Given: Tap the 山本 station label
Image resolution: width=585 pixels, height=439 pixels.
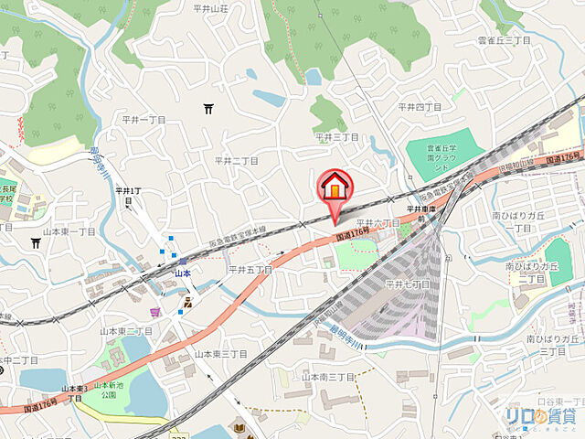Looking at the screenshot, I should [x=181, y=273].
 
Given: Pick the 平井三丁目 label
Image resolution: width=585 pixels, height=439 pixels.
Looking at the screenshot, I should [x=337, y=136].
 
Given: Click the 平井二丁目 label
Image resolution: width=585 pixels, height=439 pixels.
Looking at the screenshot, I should [x=236, y=160].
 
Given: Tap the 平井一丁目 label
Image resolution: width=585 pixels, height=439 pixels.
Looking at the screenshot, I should [x=144, y=120].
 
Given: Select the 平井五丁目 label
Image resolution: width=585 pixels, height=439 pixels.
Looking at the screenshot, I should [x=250, y=270].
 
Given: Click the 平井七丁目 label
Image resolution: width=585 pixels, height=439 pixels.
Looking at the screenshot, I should [x=407, y=284].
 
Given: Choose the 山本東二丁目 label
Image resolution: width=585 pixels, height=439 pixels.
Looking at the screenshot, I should [x=126, y=330].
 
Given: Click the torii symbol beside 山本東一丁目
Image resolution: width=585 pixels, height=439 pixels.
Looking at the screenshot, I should [x=35, y=243].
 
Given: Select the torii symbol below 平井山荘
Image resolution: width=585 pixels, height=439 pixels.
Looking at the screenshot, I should [x=209, y=110].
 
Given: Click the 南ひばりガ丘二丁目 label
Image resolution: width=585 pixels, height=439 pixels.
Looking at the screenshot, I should [x=531, y=272].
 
